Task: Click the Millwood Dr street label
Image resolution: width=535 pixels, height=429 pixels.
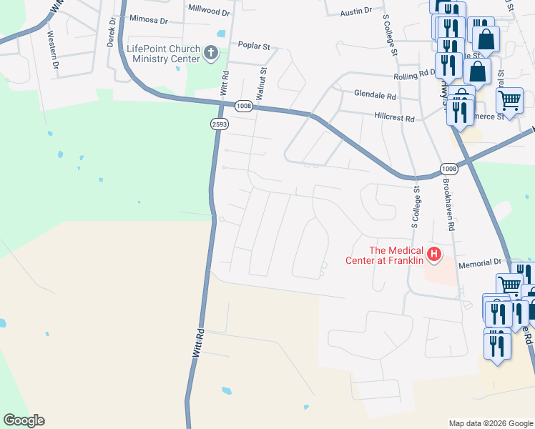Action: [x=208, y=12]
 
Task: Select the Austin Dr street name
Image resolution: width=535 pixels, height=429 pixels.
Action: [x=356, y=11]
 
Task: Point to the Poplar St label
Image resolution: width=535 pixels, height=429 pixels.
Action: [x=254, y=46]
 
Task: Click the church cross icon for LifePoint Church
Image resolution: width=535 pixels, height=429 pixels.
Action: [x=211, y=52]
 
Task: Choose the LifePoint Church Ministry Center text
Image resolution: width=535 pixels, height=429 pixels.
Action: [x=163, y=54]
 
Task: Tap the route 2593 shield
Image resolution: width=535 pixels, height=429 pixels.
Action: [x=220, y=124]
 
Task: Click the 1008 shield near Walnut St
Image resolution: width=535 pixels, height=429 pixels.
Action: [x=243, y=106]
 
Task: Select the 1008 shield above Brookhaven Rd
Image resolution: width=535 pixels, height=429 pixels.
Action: [x=449, y=169]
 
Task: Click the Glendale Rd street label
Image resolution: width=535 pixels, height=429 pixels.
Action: [x=375, y=94]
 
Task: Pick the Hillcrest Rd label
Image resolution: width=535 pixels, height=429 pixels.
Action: [x=394, y=117]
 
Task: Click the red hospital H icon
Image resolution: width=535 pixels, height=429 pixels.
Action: [x=433, y=253]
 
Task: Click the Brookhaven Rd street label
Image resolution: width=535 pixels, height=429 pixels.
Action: [x=448, y=204]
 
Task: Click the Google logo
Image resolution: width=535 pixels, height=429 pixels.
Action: [x=24, y=420]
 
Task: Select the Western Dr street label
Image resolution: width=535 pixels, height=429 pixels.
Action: [x=53, y=49]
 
